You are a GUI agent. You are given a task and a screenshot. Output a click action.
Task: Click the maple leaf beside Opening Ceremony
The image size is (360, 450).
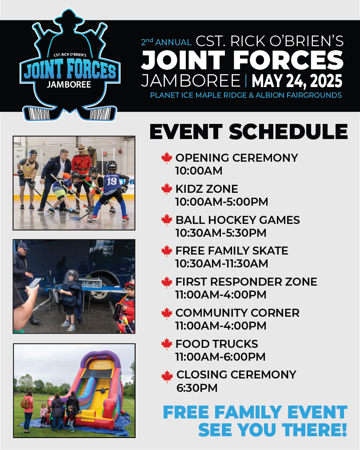coord(167,158)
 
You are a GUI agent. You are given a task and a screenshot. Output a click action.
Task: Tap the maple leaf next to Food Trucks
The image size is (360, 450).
coord(167,344)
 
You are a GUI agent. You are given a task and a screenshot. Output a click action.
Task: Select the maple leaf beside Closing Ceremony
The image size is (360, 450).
coord(167,377)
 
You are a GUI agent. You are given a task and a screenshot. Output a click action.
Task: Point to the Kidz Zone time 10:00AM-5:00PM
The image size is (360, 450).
coord(222,202)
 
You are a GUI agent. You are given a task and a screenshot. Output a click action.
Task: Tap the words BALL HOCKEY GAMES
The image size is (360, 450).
coord(238,220)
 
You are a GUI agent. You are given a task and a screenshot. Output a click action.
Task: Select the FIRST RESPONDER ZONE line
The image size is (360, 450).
coord(246,282)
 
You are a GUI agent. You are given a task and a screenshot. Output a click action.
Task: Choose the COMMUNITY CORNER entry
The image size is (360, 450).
coord(237,313)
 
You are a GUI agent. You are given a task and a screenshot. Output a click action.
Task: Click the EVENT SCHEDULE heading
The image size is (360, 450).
coord(248,132)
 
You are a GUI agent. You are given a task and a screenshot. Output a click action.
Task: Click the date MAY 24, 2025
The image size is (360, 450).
coord(297,81)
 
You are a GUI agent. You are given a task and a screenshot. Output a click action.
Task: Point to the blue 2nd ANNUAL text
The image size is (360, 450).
coord(166,42)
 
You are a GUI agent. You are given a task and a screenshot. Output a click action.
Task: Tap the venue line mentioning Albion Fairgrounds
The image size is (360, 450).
coord(246,95)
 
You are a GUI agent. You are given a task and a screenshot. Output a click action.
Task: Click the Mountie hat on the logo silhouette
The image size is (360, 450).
coord(69,18)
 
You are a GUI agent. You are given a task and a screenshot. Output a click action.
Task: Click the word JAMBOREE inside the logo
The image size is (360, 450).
coord(69,85)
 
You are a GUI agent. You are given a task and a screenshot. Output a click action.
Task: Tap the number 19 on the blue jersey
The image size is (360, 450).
coord(112,181)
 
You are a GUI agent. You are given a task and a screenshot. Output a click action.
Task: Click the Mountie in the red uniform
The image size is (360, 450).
coord(81,172)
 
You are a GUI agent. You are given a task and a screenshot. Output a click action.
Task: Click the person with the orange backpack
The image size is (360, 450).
coord(28,410)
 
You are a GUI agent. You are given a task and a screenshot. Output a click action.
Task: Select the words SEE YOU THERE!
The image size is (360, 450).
coord(273,430)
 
